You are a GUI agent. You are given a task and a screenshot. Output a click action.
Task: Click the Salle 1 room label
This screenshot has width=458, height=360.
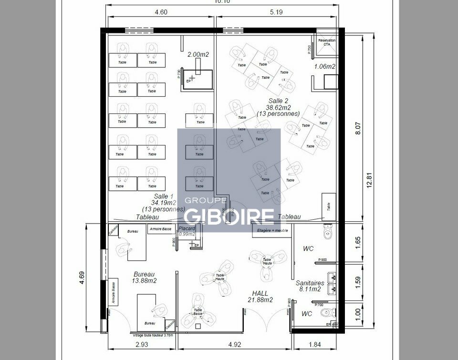[163, 196]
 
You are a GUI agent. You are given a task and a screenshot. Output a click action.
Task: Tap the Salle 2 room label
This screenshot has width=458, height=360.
[278, 101]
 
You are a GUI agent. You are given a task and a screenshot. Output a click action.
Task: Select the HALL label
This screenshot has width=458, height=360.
[260, 293]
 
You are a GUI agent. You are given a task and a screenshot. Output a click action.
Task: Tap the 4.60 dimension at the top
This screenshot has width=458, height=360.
[161, 13]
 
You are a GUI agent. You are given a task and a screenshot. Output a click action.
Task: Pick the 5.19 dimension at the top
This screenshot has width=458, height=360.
[277, 13]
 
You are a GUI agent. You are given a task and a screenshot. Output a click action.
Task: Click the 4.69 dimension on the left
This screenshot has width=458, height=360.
[82, 278]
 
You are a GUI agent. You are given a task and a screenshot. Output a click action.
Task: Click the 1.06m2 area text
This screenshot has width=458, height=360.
[325, 66]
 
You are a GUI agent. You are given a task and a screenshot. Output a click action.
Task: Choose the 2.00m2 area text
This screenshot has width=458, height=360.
[198, 55]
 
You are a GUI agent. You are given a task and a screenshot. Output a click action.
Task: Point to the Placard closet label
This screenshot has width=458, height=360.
[187, 228]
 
